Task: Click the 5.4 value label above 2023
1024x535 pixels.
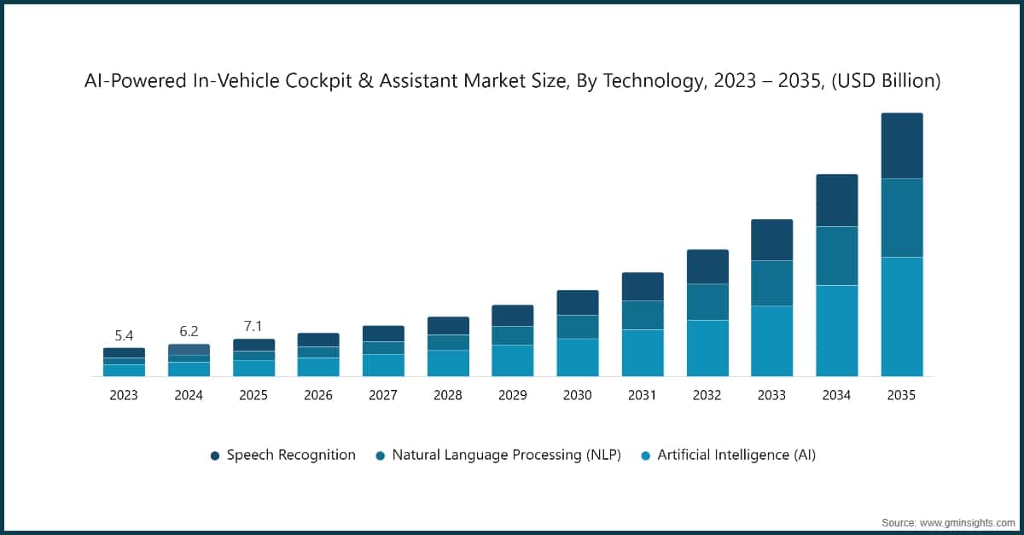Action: coord(124,335)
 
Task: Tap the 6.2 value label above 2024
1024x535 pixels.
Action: coord(189,331)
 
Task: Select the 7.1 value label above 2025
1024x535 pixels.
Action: coord(253,326)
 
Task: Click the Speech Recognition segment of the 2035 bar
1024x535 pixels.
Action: coord(902,146)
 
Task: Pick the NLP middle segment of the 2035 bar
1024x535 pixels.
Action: coord(902,218)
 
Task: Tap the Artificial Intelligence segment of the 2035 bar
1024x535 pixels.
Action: coord(902,317)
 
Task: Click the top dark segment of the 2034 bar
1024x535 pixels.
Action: coord(837,201)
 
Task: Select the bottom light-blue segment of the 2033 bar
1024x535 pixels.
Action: coord(772,341)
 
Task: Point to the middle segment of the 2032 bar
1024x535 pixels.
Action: coord(707,302)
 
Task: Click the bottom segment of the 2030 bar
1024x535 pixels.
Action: coord(578,358)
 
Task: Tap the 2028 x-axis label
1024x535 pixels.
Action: coord(448,396)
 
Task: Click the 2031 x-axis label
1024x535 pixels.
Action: coord(643,396)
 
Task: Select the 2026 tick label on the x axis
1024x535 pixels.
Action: coord(318,396)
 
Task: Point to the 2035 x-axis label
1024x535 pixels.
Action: coord(902,396)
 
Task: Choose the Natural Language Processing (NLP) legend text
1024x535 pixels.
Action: coord(506,456)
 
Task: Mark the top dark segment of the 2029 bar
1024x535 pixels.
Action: coord(513,316)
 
